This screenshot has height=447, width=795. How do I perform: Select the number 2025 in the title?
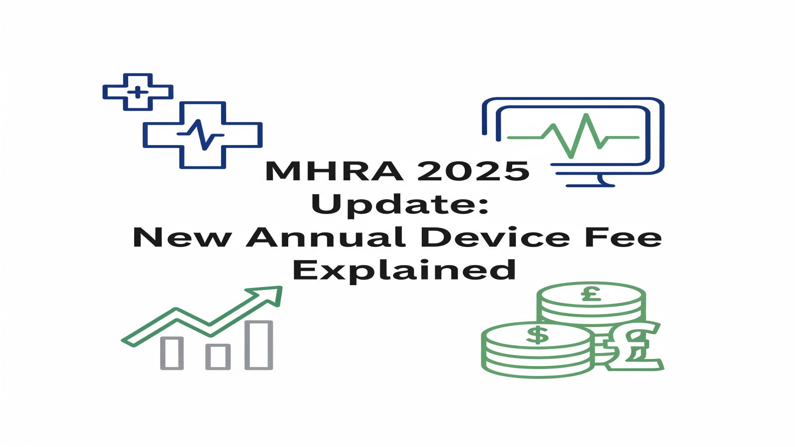[x=473, y=171]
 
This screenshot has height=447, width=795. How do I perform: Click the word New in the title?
[x=182, y=237]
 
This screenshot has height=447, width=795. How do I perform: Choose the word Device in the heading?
[x=495, y=237]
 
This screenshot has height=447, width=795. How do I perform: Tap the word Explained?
[x=403, y=271]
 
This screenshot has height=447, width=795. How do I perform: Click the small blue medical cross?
[x=138, y=92]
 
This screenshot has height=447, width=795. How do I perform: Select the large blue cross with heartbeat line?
[x=202, y=135]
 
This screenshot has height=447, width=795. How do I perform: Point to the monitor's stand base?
[x=590, y=185]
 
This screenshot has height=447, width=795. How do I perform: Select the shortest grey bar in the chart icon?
[x=218, y=356]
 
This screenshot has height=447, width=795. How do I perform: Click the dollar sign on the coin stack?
[x=537, y=335]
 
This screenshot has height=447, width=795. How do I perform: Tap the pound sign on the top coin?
[x=591, y=295]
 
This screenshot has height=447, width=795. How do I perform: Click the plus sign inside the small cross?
[x=138, y=92]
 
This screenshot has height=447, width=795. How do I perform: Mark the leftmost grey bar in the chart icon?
[x=172, y=353]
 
